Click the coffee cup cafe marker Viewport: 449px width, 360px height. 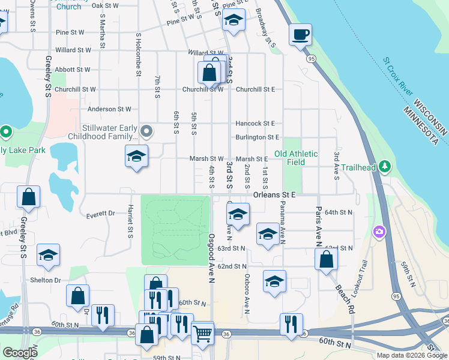[x=300, y=35]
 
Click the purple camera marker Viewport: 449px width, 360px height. [x=379, y=231]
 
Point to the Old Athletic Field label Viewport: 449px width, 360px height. [x=296, y=158]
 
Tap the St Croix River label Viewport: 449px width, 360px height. [x=398, y=76]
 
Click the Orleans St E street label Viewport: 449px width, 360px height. [x=274, y=195]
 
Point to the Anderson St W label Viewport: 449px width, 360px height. [x=109, y=109]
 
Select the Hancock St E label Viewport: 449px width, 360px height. [x=255, y=123]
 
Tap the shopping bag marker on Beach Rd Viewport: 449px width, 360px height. [x=326, y=259]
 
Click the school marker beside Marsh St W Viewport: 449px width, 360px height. [x=136, y=157]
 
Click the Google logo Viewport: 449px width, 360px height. [x=20, y=353]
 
